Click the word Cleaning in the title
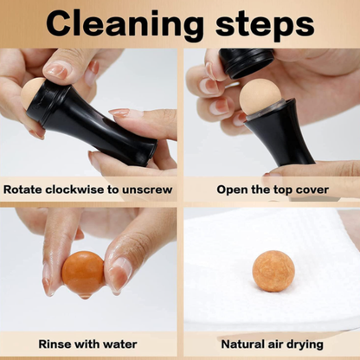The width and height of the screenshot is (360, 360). (x=125, y=24)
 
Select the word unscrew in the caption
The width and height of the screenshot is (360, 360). (x=147, y=190)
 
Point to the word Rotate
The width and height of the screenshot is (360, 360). (x=22, y=190)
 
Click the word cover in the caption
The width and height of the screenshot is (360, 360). (x=312, y=190)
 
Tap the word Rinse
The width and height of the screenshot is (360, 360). (x=55, y=344)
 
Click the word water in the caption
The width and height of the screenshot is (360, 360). (x=119, y=344)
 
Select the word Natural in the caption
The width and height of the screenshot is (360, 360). (x=243, y=344)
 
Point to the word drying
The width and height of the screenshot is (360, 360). (x=305, y=345)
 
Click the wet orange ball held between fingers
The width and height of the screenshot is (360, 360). (x=83, y=273)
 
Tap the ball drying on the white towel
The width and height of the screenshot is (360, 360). (x=273, y=271)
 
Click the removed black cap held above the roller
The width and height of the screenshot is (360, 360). (x=246, y=63)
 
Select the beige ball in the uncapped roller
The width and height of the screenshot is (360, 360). (x=260, y=97)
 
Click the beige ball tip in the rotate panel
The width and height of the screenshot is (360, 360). (x=31, y=93)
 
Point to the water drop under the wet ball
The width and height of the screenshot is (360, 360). (x=84, y=296)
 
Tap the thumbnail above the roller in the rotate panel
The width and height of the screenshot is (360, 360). (x=58, y=70)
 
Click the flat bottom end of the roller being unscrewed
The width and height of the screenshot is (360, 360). (x=152, y=153)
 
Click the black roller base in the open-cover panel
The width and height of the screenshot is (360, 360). (x=279, y=136)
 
